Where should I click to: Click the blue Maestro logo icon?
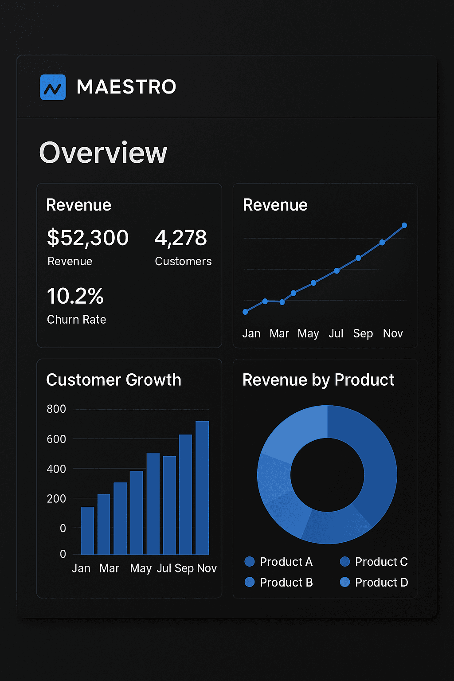point(53,87)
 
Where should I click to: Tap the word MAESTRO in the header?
point(126,87)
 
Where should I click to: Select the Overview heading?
point(103,153)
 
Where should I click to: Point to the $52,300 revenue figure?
point(88,238)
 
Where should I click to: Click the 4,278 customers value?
point(181,238)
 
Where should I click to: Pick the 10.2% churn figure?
point(75,296)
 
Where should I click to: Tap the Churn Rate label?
point(77,320)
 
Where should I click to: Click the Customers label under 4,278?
point(183,262)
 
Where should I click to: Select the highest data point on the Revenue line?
point(404,226)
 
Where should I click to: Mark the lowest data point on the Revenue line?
point(245,312)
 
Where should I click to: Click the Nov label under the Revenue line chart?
point(393,333)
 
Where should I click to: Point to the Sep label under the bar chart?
point(184,568)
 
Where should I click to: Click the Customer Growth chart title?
point(113,380)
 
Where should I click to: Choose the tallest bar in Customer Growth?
point(202,488)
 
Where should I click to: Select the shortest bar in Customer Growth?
point(88,530)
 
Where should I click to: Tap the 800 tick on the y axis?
point(56,409)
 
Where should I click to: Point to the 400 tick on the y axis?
point(56,469)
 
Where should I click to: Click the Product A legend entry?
point(279,562)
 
